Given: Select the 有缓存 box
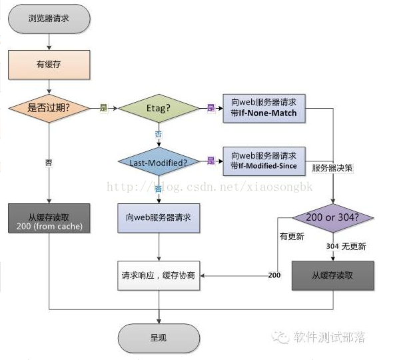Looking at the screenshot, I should [x=49, y=65].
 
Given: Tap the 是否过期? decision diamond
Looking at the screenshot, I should [x=49, y=108].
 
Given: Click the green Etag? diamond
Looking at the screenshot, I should [x=159, y=108].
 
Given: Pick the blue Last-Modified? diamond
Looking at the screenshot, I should [x=159, y=161].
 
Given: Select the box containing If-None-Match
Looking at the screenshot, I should [x=264, y=108].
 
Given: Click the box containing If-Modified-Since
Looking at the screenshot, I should [x=264, y=160].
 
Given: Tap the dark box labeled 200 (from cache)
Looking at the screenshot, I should [x=49, y=218].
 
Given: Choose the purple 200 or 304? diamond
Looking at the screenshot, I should [x=333, y=218].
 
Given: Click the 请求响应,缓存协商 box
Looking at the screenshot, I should [x=159, y=275].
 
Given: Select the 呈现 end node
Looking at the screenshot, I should [x=159, y=338].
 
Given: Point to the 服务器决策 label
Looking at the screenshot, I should [x=332, y=168].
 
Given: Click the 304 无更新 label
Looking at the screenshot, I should [x=346, y=246].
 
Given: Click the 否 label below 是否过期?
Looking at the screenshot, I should [x=49, y=162].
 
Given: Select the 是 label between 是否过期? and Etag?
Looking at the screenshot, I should [x=103, y=107].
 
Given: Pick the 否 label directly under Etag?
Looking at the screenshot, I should [x=159, y=134].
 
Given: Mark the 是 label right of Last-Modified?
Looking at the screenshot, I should [x=211, y=161].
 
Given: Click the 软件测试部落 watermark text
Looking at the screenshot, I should [x=329, y=337].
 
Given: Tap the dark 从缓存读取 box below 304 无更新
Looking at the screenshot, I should [x=333, y=275].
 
